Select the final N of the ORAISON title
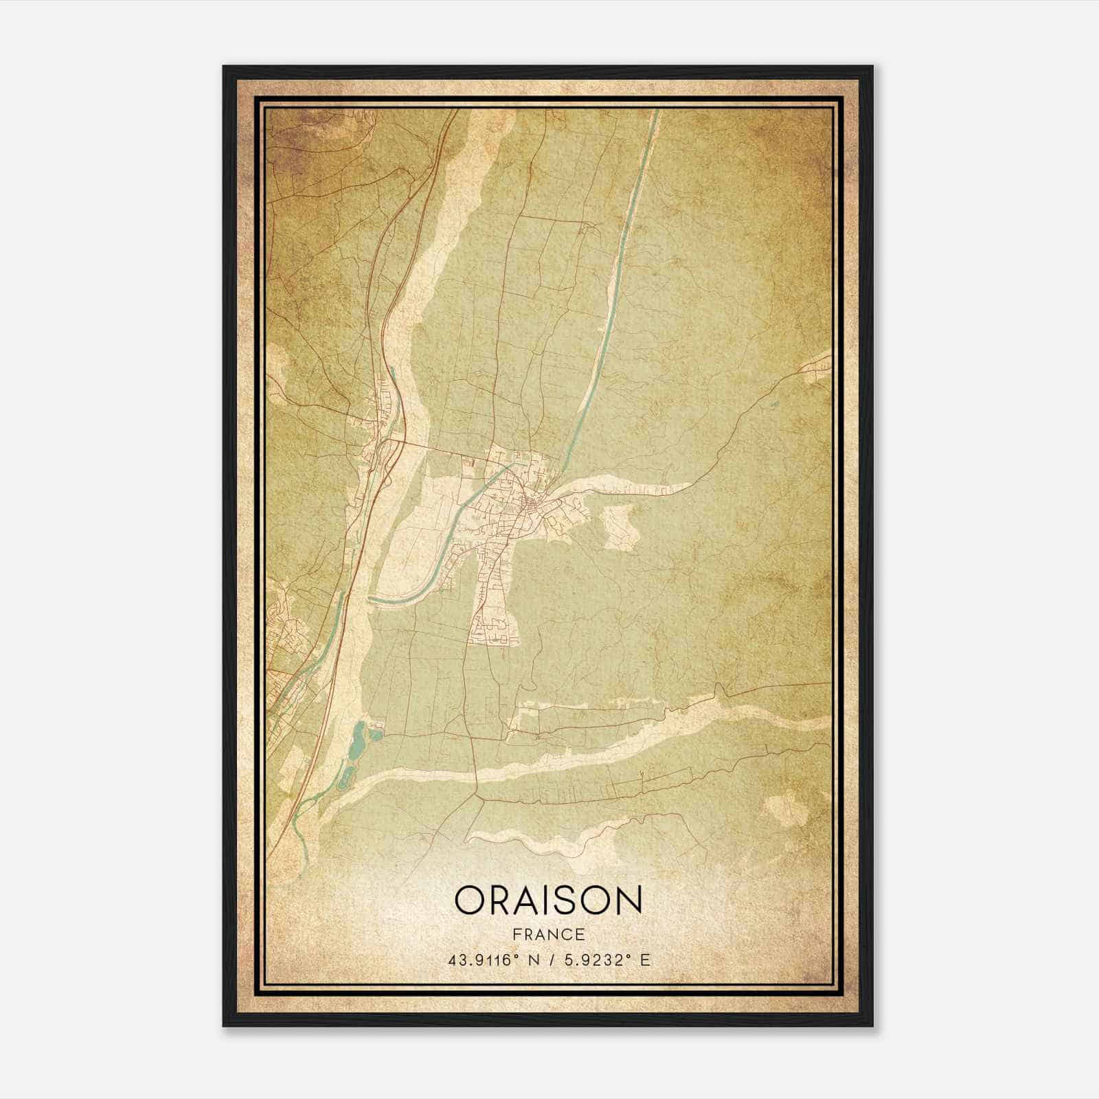(628, 900)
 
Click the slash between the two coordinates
(549, 960)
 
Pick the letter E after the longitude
(644, 960)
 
